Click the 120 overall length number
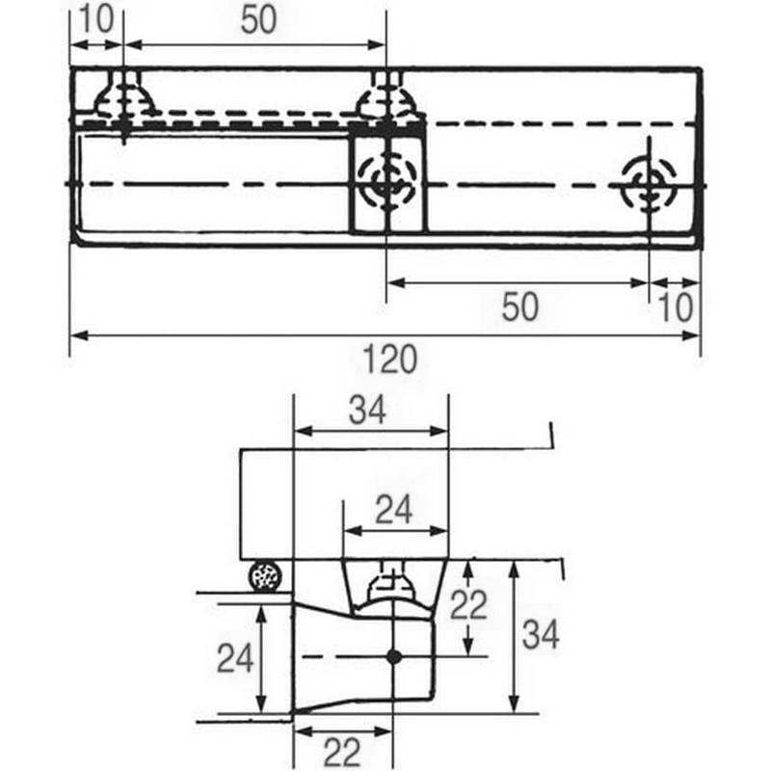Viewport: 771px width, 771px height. (390, 360)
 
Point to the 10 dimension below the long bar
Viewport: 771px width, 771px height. (676, 307)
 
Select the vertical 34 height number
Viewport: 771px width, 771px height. (540, 636)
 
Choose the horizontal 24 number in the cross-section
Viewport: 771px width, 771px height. (393, 510)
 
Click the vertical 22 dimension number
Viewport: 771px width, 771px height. (469, 605)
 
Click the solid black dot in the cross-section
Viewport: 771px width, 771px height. (393, 656)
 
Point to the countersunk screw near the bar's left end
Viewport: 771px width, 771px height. (125, 96)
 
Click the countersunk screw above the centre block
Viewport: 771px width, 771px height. (386, 97)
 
